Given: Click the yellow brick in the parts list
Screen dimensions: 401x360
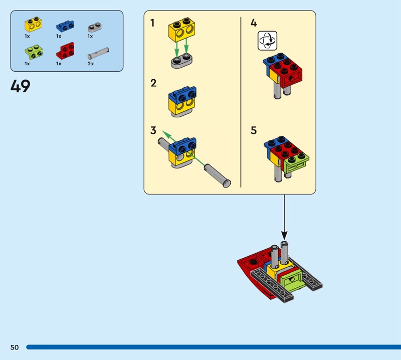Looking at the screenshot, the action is pyautogui.click(x=33, y=25).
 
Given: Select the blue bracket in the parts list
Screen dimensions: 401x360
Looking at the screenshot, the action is pyautogui.click(x=65, y=27).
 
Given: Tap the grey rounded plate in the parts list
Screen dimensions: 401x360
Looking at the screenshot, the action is pyautogui.click(x=95, y=27).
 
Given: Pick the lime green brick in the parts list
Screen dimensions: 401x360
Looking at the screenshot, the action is pyautogui.click(x=34, y=52).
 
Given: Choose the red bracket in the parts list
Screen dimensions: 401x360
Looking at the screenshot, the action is pyautogui.click(x=66, y=51).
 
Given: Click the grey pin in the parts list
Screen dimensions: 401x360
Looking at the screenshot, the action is pyautogui.click(x=98, y=53).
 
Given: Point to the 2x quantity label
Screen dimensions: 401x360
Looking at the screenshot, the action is pyautogui.click(x=91, y=64).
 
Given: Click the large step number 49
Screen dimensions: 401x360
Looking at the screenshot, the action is pyautogui.click(x=21, y=86).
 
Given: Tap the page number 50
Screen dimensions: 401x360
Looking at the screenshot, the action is pyautogui.click(x=15, y=347).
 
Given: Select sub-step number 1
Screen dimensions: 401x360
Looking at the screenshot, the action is pyautogui.click(x=153, y=23).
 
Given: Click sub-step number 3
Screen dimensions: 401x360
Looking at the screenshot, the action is pyautogui.click(x=153, y=130).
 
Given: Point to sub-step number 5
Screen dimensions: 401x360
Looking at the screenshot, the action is pyautogui.click(x=254, y=130).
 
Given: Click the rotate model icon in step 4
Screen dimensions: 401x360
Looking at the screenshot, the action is pyautogui.click(x=267, y=41).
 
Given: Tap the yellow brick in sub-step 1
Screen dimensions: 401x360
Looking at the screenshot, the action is pyautogui.click(x=181, y=30).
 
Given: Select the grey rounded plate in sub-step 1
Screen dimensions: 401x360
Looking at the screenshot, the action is pyautogui.click(x=181, y=61).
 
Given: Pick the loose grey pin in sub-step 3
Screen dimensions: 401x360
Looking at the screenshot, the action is pyautogui.click(x=218, y=176).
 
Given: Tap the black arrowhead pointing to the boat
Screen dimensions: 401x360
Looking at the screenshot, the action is pyautogui.click(x=284, y=235).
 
